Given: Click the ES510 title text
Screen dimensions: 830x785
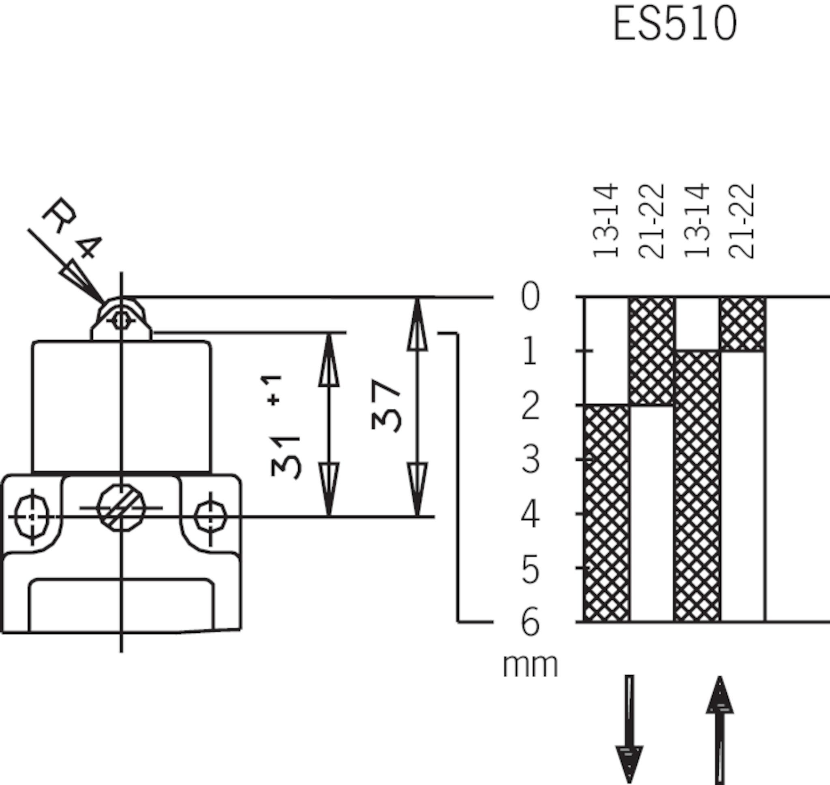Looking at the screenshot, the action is tap(675, 24).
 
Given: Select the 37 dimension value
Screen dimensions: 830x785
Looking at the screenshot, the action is tap(386, 405).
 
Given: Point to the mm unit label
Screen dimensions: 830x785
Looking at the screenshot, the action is tap(531, 666).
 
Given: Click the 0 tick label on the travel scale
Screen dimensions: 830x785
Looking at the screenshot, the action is tap(531, 296).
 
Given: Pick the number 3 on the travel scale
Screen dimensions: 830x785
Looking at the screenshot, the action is tap(531, 459).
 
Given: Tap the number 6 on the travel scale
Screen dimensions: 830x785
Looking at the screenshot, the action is tap(531, 622).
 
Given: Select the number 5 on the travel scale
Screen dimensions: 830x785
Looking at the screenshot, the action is tap(531, 568).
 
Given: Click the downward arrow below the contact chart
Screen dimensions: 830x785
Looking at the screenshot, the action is tap(629, 729).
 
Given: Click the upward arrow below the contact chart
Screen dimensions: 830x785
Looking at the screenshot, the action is tap(720, 730).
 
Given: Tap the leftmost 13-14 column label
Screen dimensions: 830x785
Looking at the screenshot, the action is tap(605, 220).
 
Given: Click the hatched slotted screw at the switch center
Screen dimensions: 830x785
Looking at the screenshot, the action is tap(122, 508).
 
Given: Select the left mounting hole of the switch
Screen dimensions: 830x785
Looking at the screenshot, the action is tap(32, 517).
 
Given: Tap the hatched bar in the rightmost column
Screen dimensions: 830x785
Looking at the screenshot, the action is tap(742, 324).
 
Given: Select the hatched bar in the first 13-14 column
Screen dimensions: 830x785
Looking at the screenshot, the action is tap(606, 514).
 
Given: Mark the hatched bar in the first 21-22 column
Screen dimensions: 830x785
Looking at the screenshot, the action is tap(652, 352).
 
